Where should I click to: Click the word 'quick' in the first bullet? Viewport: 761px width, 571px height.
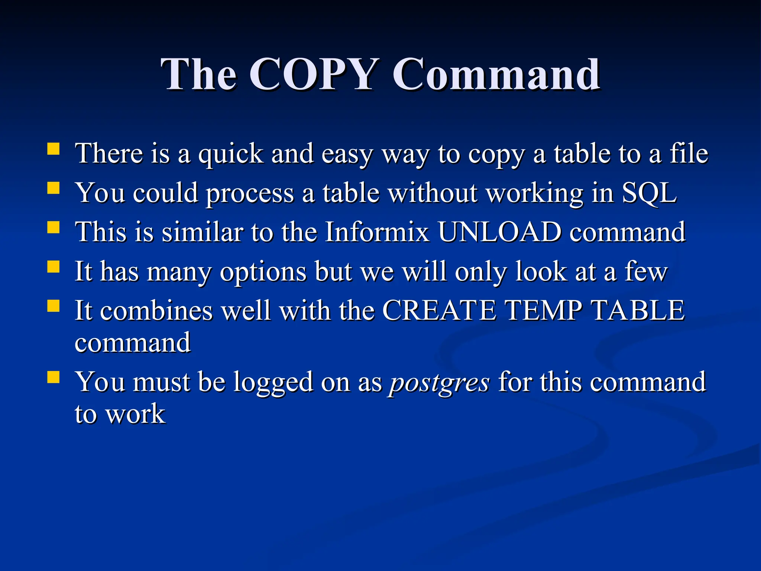coord(230,154)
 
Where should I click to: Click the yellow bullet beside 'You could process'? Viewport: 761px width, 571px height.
coord(54,188)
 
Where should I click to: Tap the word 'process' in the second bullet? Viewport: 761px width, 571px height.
coord(250,194)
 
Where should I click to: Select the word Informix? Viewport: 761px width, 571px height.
coord(377,232)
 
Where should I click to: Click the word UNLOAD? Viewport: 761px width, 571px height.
coord(499,232)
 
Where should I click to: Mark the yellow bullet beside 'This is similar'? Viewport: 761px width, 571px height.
coord(54,227)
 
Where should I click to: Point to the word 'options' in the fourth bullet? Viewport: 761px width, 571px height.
coord(263,272)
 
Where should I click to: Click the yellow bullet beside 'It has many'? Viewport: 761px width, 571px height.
coord(54,267)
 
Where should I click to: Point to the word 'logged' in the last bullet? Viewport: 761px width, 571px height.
coord(273,383)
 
